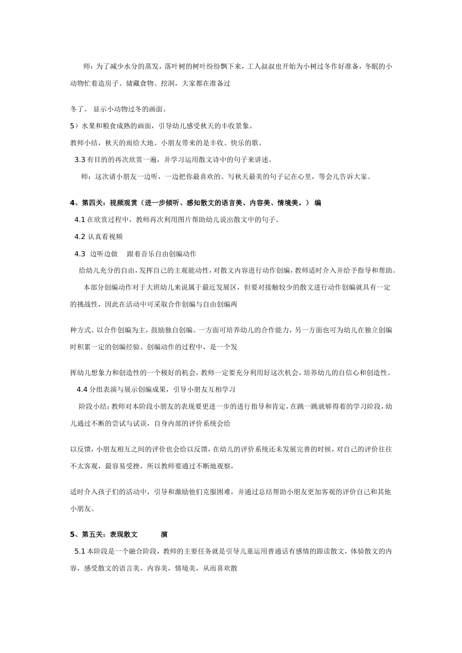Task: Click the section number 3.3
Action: (80, 160)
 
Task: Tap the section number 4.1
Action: (80, 220)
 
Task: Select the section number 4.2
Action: (80, 237)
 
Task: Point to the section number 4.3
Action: (80, 254)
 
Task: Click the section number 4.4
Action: (82, 389)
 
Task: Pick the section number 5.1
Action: (80, 551)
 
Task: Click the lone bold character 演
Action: (164, 534)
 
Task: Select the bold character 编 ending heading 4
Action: (318, 203)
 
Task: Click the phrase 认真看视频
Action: (105, 237)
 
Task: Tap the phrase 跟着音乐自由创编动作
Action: (161, 254)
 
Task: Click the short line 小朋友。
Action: (82, 509)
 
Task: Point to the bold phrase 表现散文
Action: (124, 534)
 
